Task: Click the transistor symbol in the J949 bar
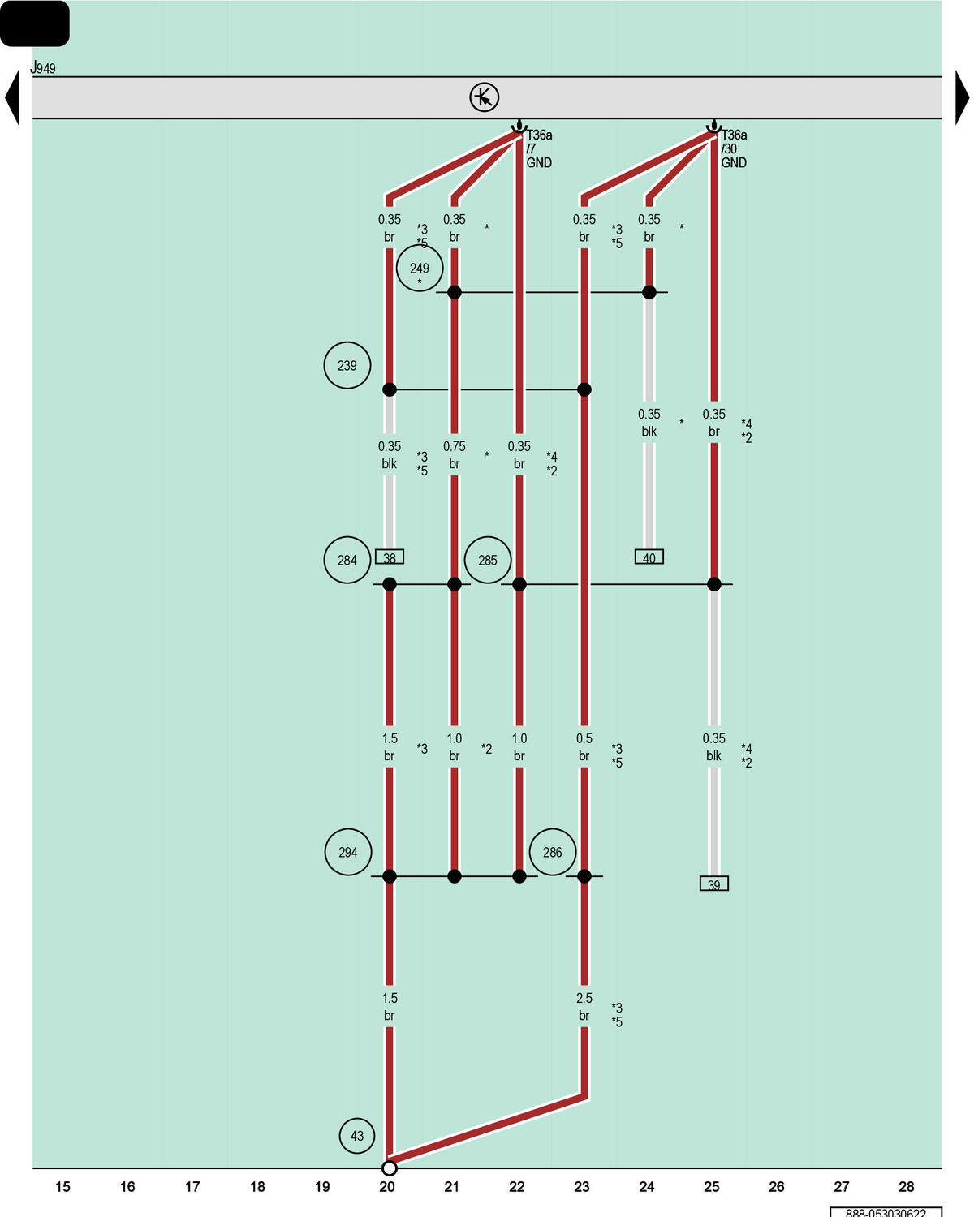tap(484, 97)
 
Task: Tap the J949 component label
tap(43, 67)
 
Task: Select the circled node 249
tap(420, 268)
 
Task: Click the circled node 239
tap(347, 365)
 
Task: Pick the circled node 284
tap(347, 560)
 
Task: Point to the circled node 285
tap(487, 560)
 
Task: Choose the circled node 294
tap(348, 852)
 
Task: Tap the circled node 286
tap(553, 852)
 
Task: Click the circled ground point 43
tap(356, 1136)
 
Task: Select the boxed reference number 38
tap(390, 557)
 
